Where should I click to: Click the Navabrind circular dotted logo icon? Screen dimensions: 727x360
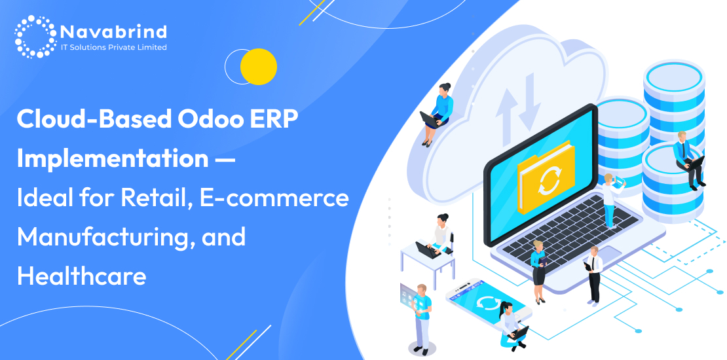coord(36,37)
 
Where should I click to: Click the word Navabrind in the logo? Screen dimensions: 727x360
coord(113,32)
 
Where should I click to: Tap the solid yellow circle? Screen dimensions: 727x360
coord(258,67)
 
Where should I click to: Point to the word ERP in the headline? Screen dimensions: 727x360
coord(278,120)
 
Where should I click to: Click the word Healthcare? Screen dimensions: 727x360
coord(82,276)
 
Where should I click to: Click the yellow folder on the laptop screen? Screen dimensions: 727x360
coord(546,177)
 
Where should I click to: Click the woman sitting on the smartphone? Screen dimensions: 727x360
coord(512,327)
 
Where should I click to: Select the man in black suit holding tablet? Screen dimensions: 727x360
coord(593,275)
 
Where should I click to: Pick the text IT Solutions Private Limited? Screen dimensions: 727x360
coord(113,47)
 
